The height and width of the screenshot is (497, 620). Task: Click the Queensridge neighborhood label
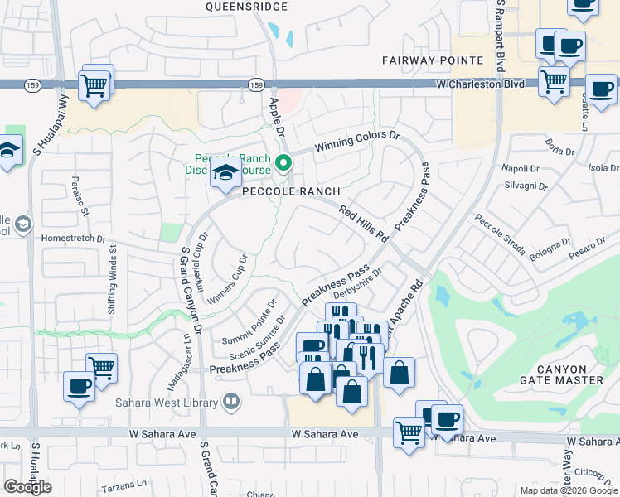246,7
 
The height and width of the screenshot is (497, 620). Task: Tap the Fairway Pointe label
433,60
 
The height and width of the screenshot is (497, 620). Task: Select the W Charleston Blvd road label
478,84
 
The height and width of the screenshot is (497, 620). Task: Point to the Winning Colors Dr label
356,142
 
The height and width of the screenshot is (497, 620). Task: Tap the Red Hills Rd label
364,224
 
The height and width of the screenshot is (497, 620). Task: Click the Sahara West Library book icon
231,403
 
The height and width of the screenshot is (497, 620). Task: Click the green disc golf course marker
283,163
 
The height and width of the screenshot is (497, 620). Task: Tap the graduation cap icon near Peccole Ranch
224,173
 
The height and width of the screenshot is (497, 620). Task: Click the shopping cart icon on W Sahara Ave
409,432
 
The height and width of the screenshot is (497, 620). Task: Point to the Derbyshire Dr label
356,282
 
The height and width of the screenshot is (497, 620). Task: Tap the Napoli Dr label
521,168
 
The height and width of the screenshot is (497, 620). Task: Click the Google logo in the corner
27,487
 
